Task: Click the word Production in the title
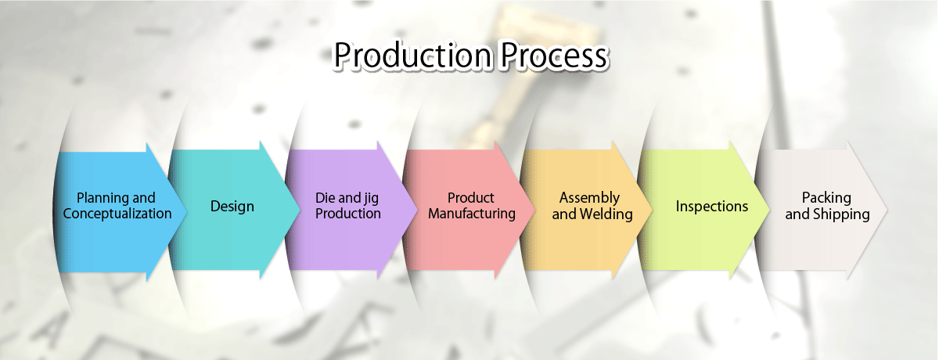point(412,56)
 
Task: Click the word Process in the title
point(554,56)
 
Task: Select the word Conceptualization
point(117,214)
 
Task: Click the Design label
point(232,207)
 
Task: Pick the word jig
point(370,199)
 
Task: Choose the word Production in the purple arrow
point(348,214)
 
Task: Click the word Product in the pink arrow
point(471,197)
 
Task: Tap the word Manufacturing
point(472,214)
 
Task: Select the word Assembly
point(589,198)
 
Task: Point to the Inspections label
point(712,206)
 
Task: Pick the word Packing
point(826,198)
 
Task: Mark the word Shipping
point(841,214)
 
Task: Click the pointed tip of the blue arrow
point(186,211)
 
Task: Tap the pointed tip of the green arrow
point(770,210)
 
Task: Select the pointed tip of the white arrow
point(887,210)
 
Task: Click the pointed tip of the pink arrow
point(535,210)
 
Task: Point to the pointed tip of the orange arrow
point(653,210)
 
